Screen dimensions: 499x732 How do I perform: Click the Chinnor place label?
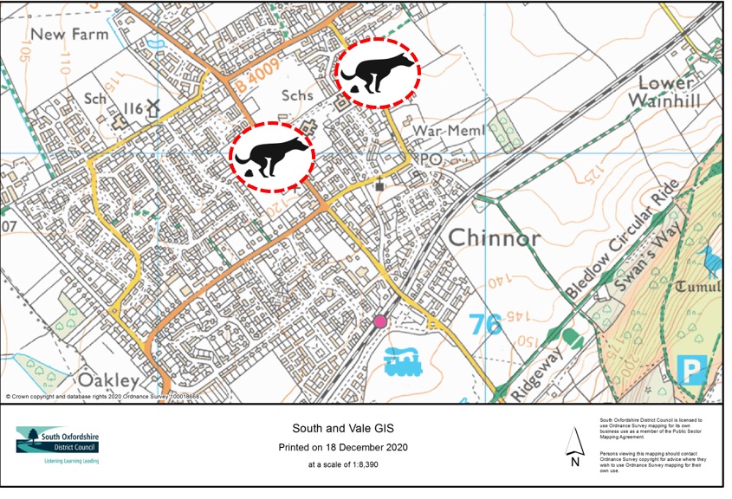click(x=494, y=238)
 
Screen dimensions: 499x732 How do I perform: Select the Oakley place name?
click(x=108, y=380)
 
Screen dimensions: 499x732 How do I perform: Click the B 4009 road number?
click(x=257, y=86)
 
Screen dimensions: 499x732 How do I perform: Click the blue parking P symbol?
click(x=691, y=371)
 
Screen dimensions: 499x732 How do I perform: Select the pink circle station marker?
click(x=380, y=322)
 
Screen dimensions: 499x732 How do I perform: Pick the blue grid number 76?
click(x=485, y=325)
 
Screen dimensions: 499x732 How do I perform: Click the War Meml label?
click(x=440, y=130)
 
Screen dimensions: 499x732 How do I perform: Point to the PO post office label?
click(x=430, y=160)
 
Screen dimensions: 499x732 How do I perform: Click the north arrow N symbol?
click(x=574, y=448)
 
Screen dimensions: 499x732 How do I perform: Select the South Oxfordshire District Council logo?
click(x=57, y=444)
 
